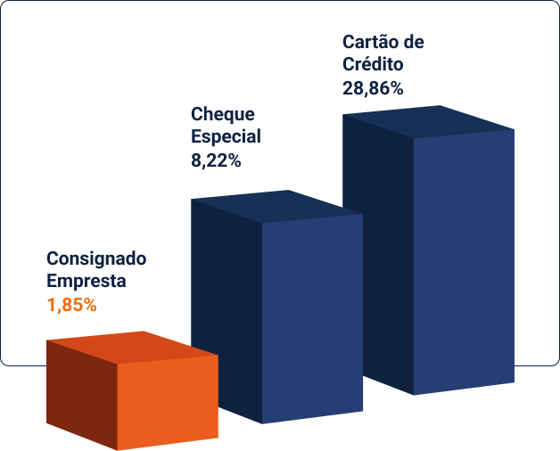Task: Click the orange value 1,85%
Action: pos(71,304)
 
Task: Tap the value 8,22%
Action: pos(216,161)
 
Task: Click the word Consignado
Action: pos(96,259)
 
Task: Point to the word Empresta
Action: pos(86,281)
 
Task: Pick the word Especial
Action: pos(226,137)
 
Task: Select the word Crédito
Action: pos(373,64)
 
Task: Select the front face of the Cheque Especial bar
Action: pos(312,316)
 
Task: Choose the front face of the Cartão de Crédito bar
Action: pos(464,258)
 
